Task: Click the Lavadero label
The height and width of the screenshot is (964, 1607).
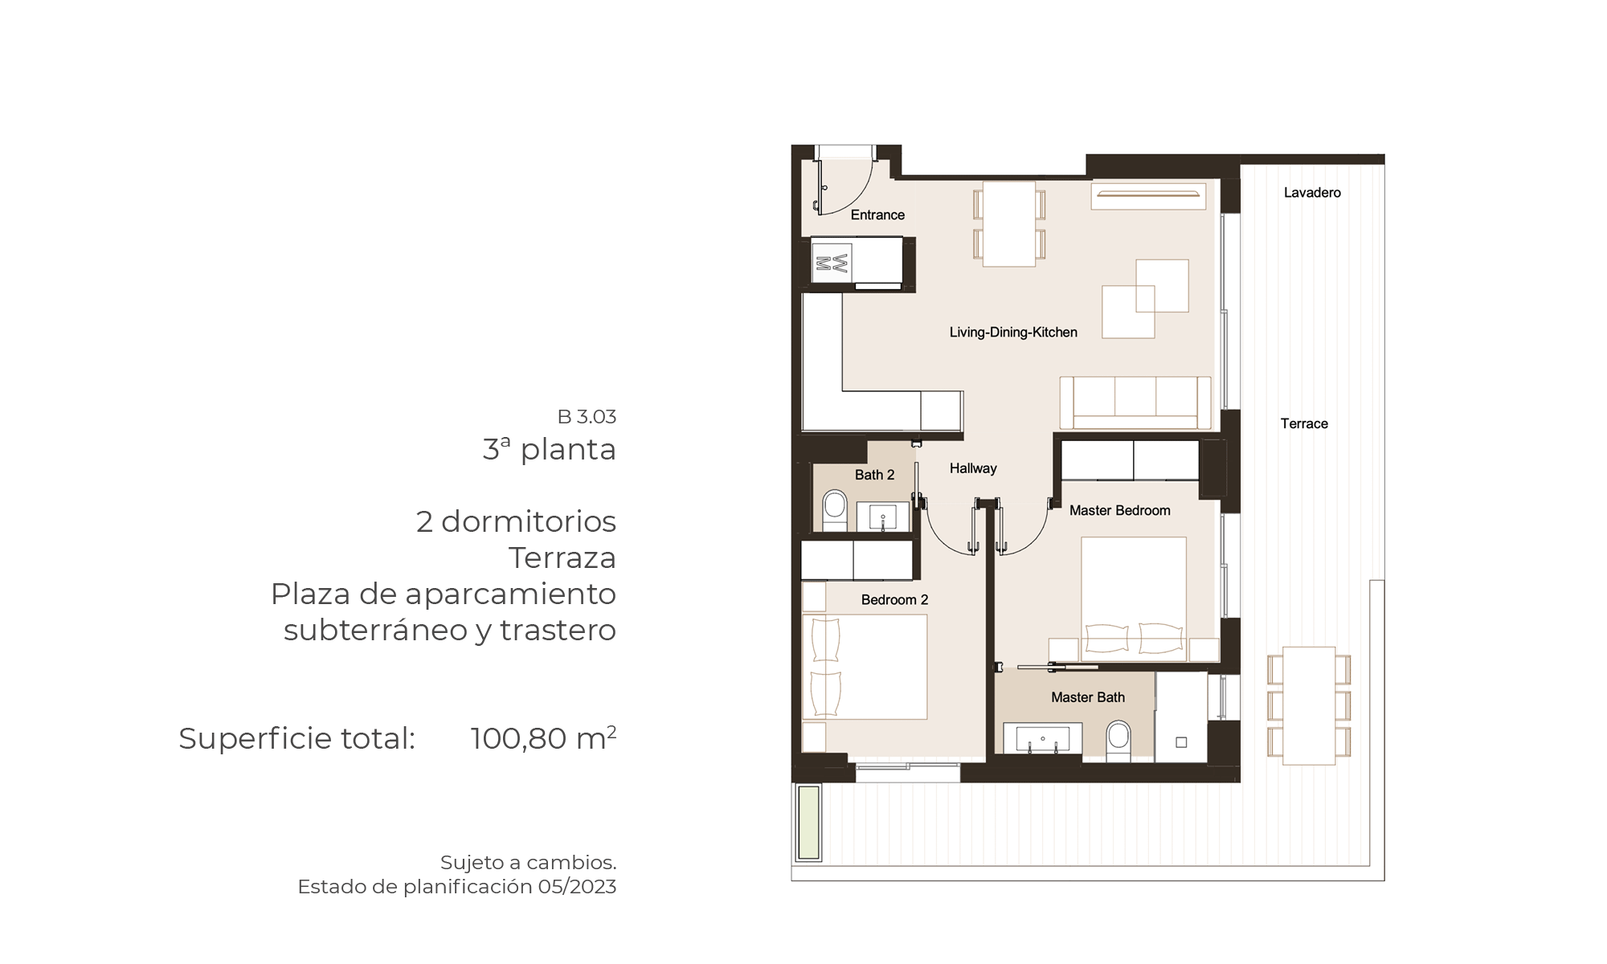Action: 1312,193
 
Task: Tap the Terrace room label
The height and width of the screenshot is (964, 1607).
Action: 1304,423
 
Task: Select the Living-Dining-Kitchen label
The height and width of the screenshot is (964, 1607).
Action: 1013,333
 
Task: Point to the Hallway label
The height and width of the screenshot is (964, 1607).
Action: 973,468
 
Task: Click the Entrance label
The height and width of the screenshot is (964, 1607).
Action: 877,214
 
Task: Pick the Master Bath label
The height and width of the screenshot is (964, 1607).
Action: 1088,697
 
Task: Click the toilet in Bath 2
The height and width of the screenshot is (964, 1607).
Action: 835,510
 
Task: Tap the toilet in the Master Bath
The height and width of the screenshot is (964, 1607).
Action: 1118,741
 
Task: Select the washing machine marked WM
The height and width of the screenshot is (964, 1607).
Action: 832,263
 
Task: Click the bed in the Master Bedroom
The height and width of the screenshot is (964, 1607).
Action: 1134,599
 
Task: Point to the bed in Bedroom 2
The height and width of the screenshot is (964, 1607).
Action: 865,667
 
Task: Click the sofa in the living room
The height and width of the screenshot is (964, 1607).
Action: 1135,402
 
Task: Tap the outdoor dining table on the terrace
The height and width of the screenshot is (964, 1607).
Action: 1309,705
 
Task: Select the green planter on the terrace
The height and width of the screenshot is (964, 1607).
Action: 808,823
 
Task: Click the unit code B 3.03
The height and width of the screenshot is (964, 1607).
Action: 587,417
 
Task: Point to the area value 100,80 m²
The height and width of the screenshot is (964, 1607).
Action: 543,737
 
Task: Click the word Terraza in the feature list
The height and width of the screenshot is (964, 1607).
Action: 562,558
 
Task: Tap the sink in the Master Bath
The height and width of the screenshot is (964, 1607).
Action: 1042,739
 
